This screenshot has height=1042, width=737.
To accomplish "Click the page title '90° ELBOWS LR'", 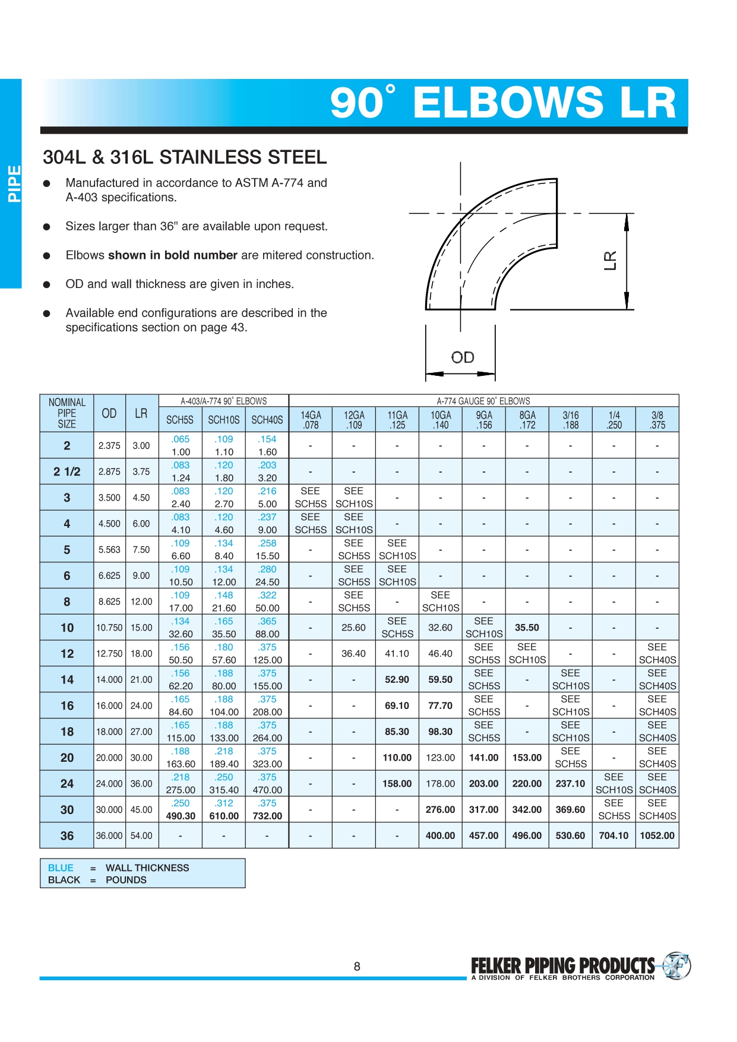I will (503, 102).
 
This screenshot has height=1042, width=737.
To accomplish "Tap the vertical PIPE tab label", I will (14, 183).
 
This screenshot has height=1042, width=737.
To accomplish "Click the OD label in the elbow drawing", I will (463, 357).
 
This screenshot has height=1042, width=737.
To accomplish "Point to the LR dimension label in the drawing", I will (610, 261).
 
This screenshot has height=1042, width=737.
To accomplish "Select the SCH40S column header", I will (267, 420).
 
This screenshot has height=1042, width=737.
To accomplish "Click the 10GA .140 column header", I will (441, 420).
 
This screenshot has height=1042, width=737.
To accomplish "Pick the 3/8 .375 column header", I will (657, 420).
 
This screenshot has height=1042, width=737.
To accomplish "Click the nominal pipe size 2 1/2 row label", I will (67, 471).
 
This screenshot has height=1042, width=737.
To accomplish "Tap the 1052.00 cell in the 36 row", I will (657, 835).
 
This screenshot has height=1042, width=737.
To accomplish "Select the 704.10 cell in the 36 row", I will (613, 835).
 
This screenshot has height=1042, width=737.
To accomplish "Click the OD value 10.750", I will (109, 628).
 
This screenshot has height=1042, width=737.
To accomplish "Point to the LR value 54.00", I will (141, 835).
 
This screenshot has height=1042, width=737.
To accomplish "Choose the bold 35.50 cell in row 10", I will (527, 628).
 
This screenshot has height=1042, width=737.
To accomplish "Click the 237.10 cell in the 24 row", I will (570, 784).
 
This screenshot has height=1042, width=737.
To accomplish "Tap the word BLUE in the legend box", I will (61, 867).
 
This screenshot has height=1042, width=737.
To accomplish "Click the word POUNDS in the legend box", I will (126, 880).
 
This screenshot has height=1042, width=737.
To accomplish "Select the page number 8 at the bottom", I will (357, 967).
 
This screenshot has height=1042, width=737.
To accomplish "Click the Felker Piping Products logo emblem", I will (676, 965).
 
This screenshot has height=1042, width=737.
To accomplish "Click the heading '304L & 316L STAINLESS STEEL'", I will (185, 157).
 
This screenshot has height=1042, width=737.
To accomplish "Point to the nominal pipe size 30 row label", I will (67, 810).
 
